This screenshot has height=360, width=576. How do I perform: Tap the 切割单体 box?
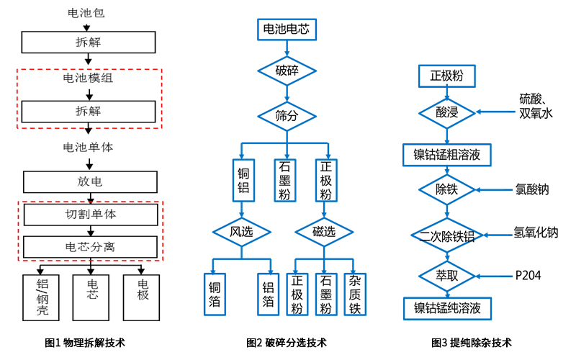[89, 215]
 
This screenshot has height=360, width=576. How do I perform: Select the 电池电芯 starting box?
[287, 29]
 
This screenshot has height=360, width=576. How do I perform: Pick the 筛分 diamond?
[287, 114]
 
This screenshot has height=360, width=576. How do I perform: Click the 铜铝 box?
[243, 180]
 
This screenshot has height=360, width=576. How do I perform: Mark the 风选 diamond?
[240, 232]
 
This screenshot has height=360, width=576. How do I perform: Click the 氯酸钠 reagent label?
[532, 190]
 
